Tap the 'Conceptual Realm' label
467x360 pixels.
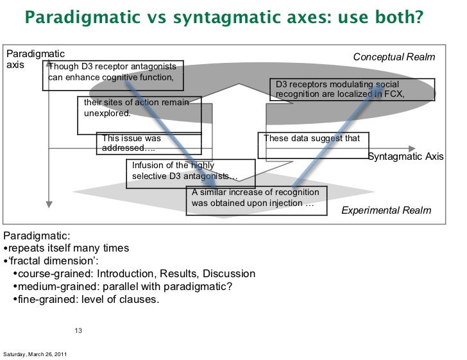point(394,57)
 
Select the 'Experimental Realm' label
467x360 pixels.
point(386,210)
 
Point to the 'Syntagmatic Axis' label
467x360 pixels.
point(405,157)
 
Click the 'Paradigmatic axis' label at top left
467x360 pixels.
point(26,60)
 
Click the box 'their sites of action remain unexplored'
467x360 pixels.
point(139,108)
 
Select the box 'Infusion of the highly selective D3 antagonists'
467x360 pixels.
point(190,171)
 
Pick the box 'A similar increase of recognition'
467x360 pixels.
point(256,198)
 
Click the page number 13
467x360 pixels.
point(78,331)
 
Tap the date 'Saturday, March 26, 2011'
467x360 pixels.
point(36,355)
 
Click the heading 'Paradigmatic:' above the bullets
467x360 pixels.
point(32,236)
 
